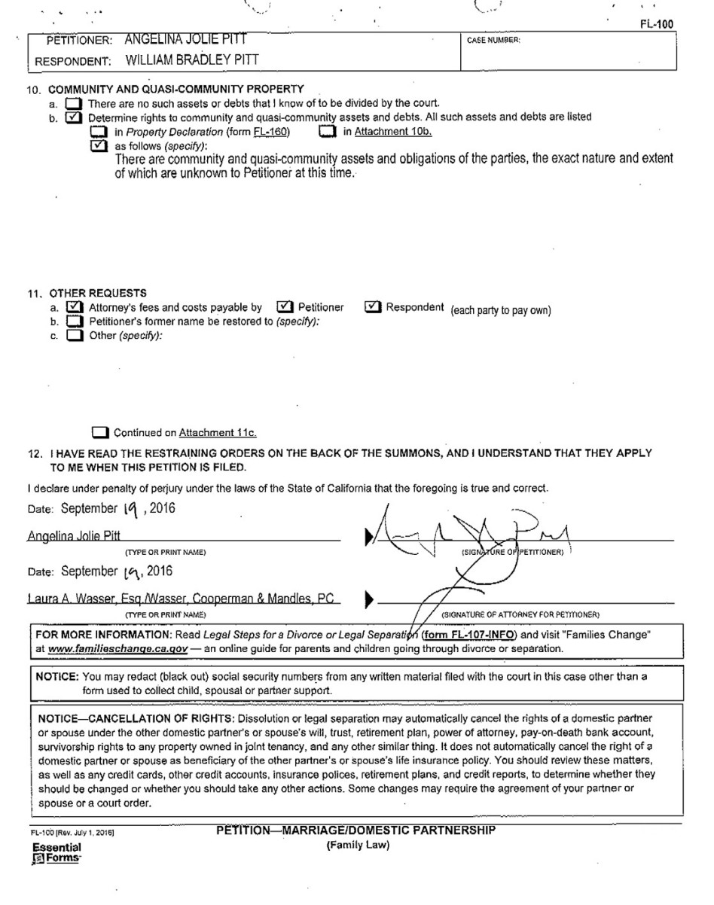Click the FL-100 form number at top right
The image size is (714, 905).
(x=656, y=25)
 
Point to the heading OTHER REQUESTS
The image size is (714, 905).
(x=98, y=293)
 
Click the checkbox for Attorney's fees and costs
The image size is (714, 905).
(x=73, y=307)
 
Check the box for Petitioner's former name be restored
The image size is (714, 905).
(x=73, y=321)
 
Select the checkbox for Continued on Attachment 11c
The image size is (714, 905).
(x=99, y=433)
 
